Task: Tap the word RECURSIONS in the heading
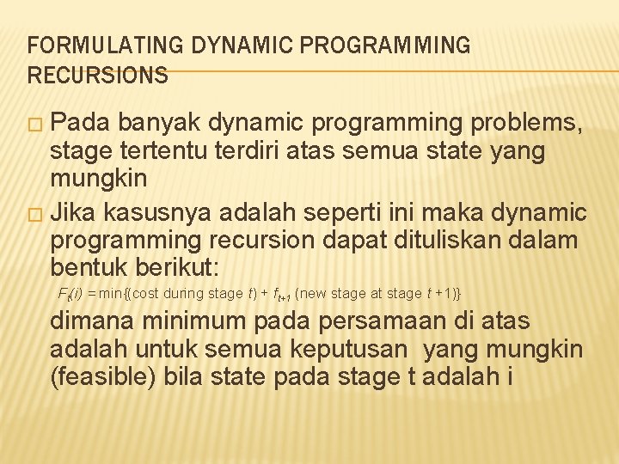point(98,76)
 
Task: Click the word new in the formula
point(313,294)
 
